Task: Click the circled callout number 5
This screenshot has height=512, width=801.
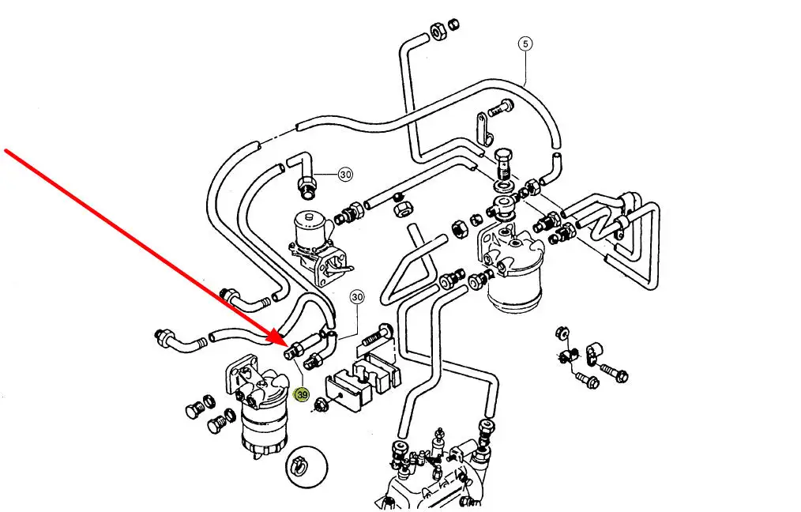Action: coord(526,43)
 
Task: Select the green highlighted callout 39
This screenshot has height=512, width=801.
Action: coord(302,393)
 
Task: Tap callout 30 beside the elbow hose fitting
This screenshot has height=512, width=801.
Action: coord(344,175)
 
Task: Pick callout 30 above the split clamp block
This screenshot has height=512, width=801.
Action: coord(357,297)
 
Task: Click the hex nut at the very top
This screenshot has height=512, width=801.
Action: coord(435,32)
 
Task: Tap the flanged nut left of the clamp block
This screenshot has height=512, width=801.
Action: coord(321,406)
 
